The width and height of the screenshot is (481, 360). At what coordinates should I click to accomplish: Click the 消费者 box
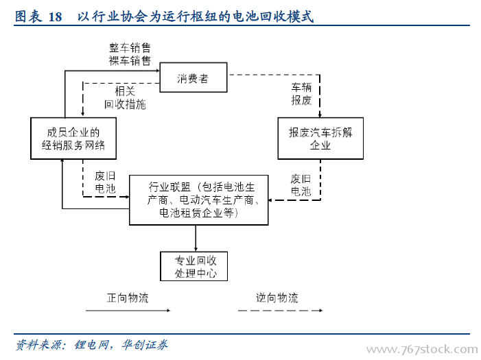(x=193, y=77)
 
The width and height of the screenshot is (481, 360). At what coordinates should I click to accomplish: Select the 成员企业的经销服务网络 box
(x=73, y=139)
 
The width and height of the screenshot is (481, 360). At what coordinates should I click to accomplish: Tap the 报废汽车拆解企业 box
(x=320, y=139)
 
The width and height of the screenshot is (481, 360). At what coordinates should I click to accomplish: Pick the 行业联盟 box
(x=199, y=200)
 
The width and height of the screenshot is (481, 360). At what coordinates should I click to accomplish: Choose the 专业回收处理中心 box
(x=194, y=266)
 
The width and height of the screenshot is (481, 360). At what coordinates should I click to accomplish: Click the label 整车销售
(x=130, y=48)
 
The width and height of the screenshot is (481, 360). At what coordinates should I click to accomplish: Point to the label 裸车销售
(x=130, y=60)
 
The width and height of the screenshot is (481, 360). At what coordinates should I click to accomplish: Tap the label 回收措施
(x=125, y=104)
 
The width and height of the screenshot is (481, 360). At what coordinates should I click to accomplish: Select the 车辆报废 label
(x=301, y=94)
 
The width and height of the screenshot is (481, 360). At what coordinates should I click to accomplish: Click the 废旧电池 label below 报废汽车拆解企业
(x=301, y=185)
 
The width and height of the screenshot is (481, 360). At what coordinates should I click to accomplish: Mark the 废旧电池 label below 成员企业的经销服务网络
(x=105, y=182)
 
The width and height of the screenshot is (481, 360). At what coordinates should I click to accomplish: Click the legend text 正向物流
(x=128, y=298)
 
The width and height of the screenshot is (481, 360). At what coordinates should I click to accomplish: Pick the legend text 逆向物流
(x=277, y=298)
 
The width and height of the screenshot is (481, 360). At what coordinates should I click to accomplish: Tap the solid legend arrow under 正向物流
(x=128, y=311)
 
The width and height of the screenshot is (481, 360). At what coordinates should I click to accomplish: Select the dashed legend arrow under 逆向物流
(x=281, y=311)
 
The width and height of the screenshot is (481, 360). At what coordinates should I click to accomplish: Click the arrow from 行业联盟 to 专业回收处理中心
(x=196, y=239)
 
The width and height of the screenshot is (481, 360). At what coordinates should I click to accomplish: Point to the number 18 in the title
(x=55, y=16)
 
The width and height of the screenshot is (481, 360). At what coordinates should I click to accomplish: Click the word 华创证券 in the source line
(x=145, y=345)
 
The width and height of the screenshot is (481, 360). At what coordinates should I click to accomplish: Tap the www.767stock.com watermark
(x=422, y=350)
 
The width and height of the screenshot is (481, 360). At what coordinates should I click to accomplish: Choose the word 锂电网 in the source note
(x=91, y=345)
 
